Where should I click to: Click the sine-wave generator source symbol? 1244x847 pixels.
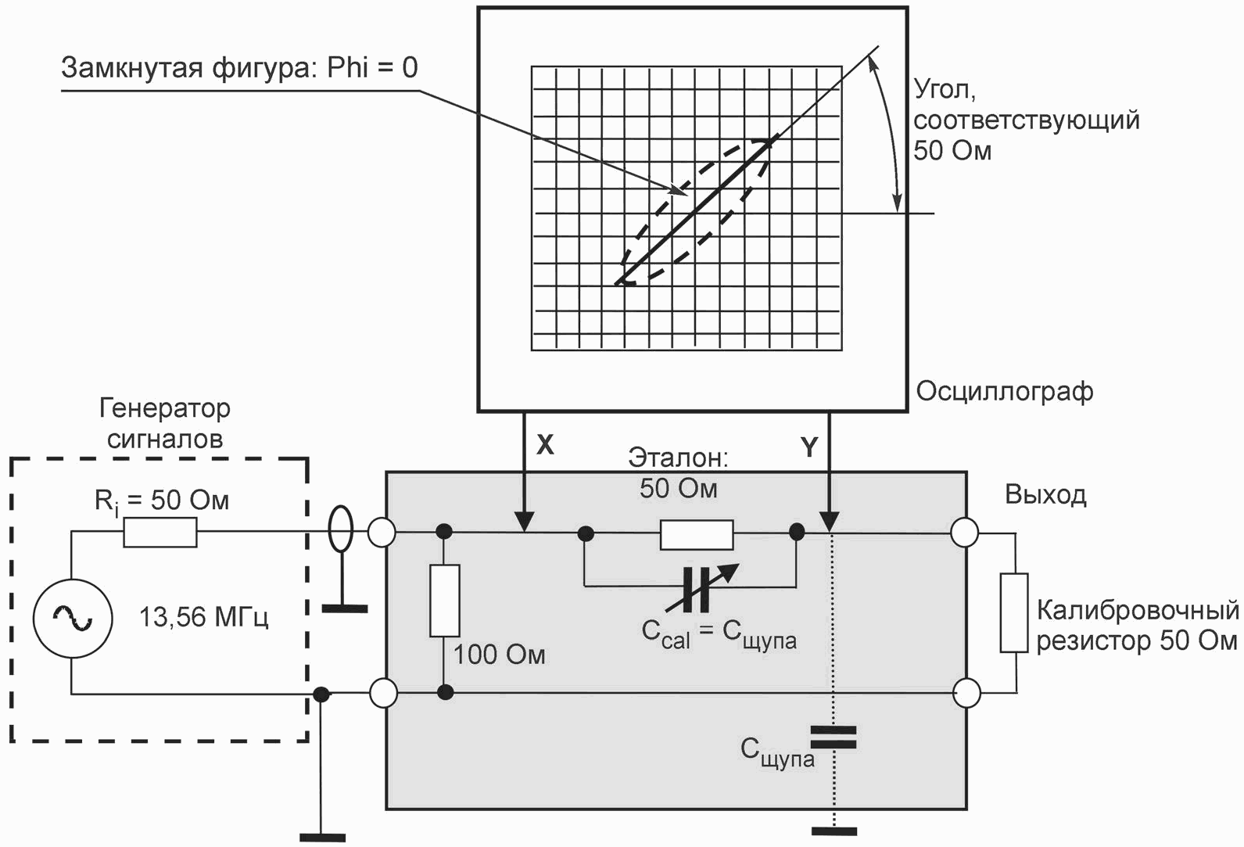coord(73,618)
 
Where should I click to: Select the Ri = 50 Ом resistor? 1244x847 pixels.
coord(160,532)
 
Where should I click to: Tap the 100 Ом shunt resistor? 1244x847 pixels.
coord(445,601)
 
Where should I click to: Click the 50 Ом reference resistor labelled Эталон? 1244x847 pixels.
coord(697,535)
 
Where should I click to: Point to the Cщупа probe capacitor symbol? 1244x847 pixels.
coord(834,737)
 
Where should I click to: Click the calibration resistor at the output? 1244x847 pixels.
coord(1014,612)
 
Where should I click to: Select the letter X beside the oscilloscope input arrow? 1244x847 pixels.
coord(545,445)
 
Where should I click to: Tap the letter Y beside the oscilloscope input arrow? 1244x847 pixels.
coord(809,447)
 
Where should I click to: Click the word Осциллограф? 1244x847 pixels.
coord(1005,392)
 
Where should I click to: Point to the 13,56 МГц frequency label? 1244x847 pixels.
coord(204,617)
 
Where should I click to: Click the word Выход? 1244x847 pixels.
coord(1045,494)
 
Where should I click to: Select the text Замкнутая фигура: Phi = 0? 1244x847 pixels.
coord(239,68)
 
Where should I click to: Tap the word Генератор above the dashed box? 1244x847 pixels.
coord(164,409)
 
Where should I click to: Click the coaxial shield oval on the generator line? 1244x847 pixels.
coord(340,528)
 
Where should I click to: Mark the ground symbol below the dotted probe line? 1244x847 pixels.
coord(834,831)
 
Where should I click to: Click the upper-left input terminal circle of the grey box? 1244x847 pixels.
coord(382,532)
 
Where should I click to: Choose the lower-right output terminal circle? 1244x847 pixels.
coord(966,694)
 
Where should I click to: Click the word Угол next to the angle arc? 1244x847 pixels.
coord(945,89)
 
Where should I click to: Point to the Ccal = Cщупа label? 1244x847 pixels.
coord(719,635)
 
